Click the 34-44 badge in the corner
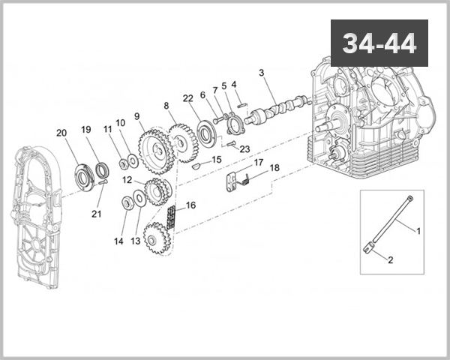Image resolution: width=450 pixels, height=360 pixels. click(x=379, y=43)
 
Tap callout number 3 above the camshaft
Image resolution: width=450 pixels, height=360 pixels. click(x=262, y=73)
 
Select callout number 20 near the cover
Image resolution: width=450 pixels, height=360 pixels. click(x=61, y=133)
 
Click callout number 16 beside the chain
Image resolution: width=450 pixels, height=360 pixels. click(x=190, y=205)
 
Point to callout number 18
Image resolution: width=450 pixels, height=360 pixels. click(x=274, y=169)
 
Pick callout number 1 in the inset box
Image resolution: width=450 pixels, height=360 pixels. click(x=418, y=230)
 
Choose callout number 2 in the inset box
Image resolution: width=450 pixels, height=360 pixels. click(x=390, y=260)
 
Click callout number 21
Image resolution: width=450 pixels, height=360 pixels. click(x=96, y=214)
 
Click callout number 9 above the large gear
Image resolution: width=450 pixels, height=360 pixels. click(x=137, y=116)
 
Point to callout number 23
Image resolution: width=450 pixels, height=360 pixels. click(x=244, y=149)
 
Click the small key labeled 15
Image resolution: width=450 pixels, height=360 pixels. click(x=195, y=167)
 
